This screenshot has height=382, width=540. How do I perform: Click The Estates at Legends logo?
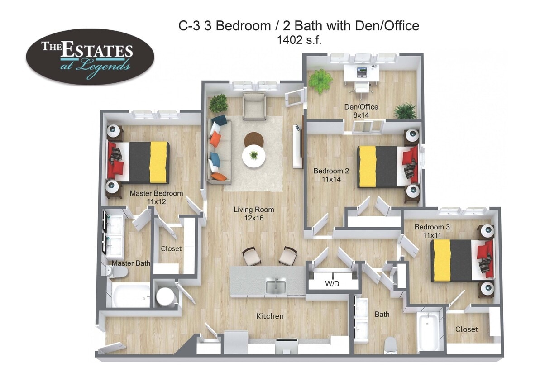(90, 57)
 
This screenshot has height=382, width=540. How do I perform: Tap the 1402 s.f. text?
(299, 40)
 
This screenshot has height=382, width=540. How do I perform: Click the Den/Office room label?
(361, 111)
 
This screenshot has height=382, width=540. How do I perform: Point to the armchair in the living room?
(254, 106)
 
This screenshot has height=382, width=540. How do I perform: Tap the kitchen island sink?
(275, 286)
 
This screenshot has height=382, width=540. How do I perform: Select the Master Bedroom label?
(156, 197)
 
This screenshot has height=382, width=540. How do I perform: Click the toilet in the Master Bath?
(118, 271)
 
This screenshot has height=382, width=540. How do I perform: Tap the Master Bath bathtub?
(131, 296)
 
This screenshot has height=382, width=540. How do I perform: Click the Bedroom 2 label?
(331, 175)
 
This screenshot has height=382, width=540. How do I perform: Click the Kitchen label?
(270, 316)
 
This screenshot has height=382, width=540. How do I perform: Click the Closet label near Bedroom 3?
(467, 329)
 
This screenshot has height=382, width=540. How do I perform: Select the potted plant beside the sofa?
(219, 103)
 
